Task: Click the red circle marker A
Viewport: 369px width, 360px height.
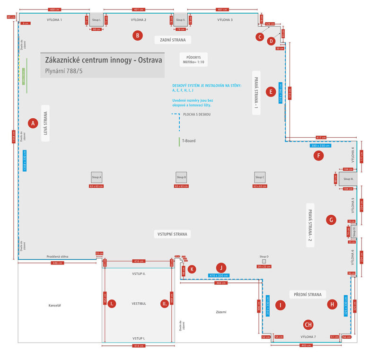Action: [33, 123]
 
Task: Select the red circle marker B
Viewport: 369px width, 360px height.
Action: [137, 35]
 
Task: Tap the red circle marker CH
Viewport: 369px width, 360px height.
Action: [308, 325]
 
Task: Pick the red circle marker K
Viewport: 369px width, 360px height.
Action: [192, 269]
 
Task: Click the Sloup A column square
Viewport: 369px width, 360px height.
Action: [97, 177]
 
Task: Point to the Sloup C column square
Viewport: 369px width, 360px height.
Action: [259, 177]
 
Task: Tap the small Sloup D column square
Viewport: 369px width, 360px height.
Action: [264, 261]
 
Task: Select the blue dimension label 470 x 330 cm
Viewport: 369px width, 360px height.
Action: [218, 275]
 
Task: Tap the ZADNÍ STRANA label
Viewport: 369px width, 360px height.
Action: [173, 40]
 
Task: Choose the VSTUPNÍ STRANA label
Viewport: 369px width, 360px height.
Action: [173, 234]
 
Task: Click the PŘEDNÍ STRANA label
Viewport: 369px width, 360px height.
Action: [308, 294]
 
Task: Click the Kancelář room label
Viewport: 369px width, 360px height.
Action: [55, 305]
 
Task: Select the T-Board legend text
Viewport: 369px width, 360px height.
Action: [189, 141]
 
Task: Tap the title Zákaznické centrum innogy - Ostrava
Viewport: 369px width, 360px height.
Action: [103, 61]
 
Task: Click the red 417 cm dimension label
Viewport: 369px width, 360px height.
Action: [321, 138]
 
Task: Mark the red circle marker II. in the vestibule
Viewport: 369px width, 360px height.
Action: [164, 304]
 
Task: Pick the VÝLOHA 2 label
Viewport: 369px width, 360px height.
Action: [139, 20]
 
